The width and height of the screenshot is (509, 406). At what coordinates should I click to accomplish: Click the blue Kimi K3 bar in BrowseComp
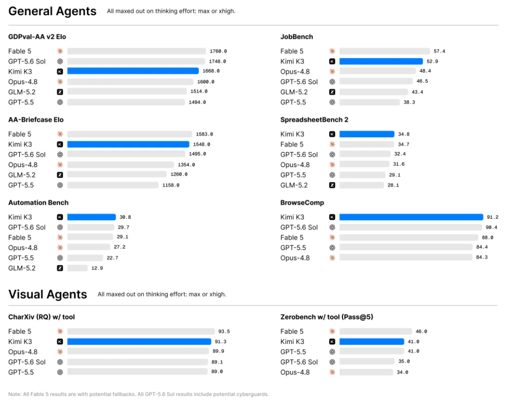click(x=411, y=217)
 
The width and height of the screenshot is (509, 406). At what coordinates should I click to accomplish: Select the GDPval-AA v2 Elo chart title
click(x=37, y=37)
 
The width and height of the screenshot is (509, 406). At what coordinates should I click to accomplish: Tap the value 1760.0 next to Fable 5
click(x=218, y=52)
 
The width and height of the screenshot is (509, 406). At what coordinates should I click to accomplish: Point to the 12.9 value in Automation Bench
click(x=97, y=268)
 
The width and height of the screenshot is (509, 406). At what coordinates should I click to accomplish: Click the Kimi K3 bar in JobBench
click(x=381, y=61)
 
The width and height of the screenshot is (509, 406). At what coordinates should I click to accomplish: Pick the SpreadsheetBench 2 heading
click(x=314, y=120)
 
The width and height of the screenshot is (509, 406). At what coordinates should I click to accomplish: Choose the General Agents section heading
click(x=53, y=11)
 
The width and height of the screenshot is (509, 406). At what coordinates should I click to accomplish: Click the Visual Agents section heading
click(x=47, y=294)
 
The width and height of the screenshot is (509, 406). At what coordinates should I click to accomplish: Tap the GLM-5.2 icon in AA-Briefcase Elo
click(x=60, y=175)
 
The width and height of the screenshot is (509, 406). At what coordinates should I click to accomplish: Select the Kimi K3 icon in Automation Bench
click(x=60, y=217)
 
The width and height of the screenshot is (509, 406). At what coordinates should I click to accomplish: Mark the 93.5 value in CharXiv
click(x=224, y=331)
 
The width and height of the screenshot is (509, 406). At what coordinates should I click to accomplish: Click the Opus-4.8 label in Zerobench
click(x=295, y=372)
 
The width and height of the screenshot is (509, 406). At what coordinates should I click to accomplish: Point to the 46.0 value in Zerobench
click(x=421, y=331)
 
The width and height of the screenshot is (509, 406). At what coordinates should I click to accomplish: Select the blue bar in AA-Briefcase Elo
click(x=128, y=144)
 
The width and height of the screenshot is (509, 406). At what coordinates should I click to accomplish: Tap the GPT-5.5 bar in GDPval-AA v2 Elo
click(x=126, y=102)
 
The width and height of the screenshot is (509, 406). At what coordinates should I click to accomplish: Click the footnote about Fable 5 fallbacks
click(x=138, y=394)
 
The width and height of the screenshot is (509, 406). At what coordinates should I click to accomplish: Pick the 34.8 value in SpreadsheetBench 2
click(x=404, y=134)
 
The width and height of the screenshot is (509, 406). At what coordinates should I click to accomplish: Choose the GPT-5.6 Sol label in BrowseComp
click(x=299, y=228)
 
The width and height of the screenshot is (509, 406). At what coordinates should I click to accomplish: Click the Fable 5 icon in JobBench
click(x=332, y=51)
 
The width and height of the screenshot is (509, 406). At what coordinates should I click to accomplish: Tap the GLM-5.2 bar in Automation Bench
click(x=78, y=268)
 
